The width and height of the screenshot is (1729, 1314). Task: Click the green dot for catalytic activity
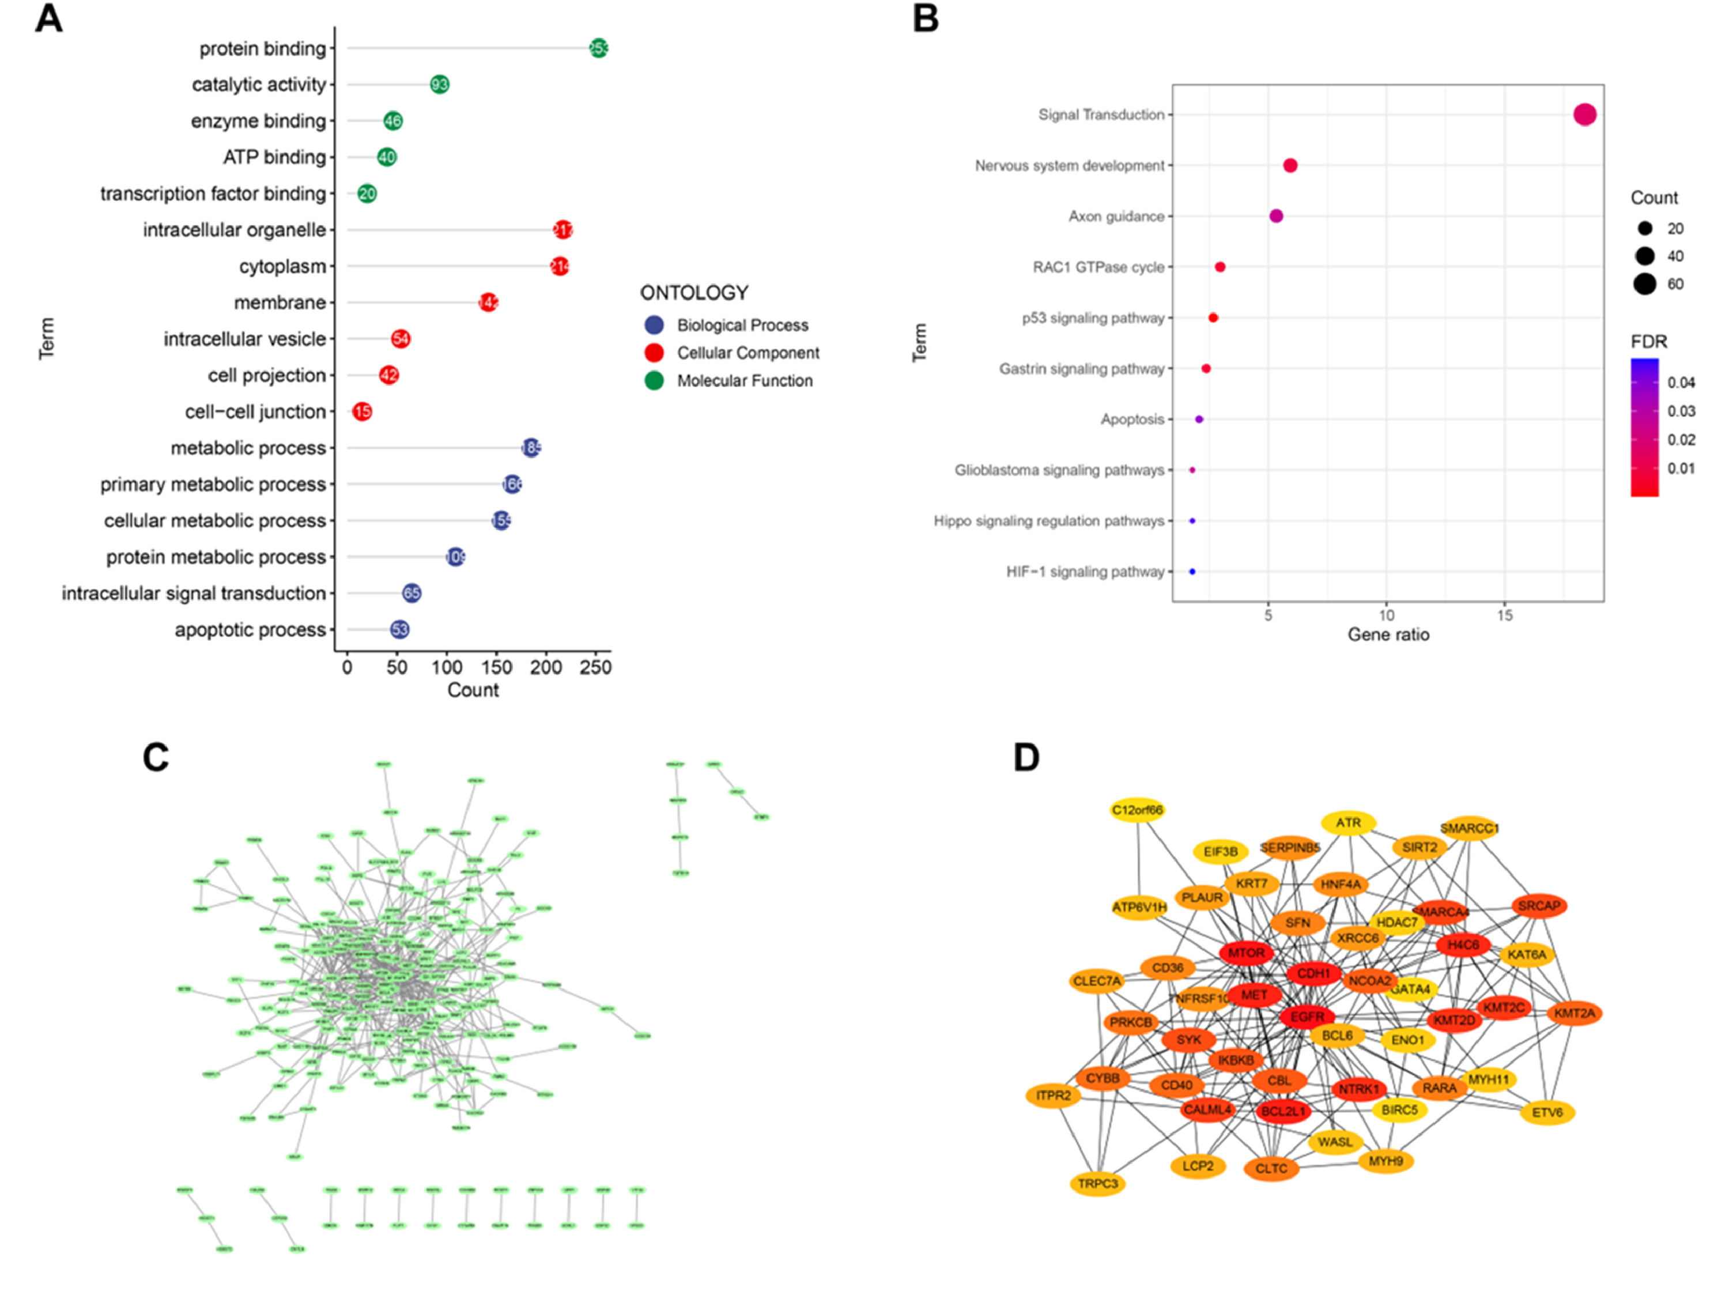coord(440,85)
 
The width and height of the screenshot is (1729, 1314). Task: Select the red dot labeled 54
coord(401,339)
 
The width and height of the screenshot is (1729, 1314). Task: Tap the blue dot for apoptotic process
coord(399,629)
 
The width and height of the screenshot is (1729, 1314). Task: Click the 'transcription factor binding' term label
coord(213,194)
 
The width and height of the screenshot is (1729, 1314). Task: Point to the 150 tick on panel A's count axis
coord(497,667)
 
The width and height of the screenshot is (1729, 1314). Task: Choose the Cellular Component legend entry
coord(748,353)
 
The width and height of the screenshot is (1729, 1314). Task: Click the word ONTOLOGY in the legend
coord(694,293)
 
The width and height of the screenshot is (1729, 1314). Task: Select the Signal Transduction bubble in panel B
coord(1584,115)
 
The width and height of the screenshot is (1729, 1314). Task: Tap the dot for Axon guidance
coord(1276,216)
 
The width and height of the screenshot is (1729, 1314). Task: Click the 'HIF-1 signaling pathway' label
coord(1085,572)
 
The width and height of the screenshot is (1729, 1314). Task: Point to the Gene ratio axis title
coord(1388,635)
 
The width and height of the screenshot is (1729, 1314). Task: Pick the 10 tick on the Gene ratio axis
coord(1387,616)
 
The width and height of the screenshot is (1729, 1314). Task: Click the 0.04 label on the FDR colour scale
coord(1681,383)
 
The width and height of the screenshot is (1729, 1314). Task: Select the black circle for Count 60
coord(1644,284)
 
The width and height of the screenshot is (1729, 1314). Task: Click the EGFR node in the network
coord(1307,1017)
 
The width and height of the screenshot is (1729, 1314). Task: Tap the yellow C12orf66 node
coord(1138,810)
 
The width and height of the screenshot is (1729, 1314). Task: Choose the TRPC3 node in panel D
coord(1098,1183)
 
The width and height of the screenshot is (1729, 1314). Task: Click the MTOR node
coord(1245,953)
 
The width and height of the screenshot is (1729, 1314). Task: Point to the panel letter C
coord(156,757)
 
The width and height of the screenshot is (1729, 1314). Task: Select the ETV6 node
coord(1547,1112)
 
